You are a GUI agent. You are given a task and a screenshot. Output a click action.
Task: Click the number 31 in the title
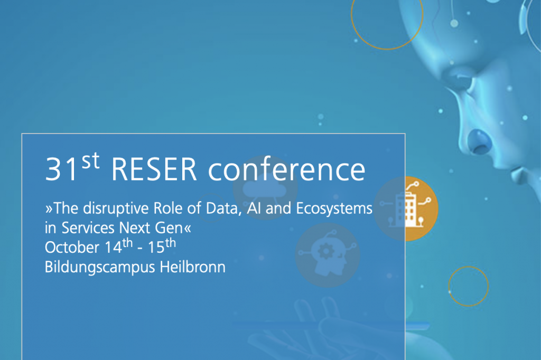pos(61,169)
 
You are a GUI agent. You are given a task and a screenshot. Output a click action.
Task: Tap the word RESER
pos(154,169)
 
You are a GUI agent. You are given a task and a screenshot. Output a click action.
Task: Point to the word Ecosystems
pos(334,209)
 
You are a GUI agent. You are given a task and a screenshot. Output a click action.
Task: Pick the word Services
pos(88,228)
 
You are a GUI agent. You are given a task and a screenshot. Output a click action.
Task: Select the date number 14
pos(113,248)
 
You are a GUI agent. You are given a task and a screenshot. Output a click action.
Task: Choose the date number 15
pos(156,248)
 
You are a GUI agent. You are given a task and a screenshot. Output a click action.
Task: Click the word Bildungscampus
pos(100,268)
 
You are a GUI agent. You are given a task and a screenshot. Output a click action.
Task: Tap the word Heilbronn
pos(192,267)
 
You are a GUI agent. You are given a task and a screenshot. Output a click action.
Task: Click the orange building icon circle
pos(406,209)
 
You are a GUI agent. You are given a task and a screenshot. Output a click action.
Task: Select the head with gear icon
pos(328,255)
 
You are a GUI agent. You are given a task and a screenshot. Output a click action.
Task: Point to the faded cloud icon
pos(265,188)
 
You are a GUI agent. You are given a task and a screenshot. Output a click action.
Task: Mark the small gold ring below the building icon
pos(468,267)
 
